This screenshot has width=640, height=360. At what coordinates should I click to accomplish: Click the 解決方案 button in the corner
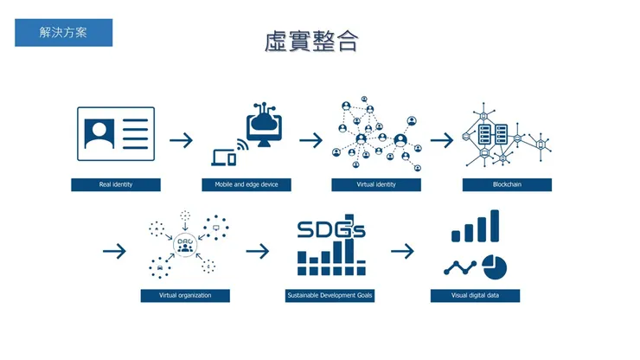pos(63,33)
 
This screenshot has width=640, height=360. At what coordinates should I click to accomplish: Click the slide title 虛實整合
pos(311,42)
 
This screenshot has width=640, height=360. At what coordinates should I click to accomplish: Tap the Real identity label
pos(117,184)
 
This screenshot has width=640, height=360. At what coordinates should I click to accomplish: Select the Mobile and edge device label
pos(246,184)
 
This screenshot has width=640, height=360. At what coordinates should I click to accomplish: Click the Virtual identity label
pos(376,184)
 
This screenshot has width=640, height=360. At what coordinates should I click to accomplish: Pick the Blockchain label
pos(507,184)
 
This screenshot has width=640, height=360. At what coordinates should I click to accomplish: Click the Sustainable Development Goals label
pos(330,295)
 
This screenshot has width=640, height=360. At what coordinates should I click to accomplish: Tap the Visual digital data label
pos(475,295)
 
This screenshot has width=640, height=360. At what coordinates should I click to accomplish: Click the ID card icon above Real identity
pos(116,133)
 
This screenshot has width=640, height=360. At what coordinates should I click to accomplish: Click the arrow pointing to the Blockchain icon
pos(442,139)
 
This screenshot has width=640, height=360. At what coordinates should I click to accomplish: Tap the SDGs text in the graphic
pos(330,229)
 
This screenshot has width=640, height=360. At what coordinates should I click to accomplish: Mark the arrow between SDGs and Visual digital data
pos(402,251)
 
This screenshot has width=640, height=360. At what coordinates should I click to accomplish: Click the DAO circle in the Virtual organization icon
pos(184,245)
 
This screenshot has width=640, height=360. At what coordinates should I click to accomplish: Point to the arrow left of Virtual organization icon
pos(114,251)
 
